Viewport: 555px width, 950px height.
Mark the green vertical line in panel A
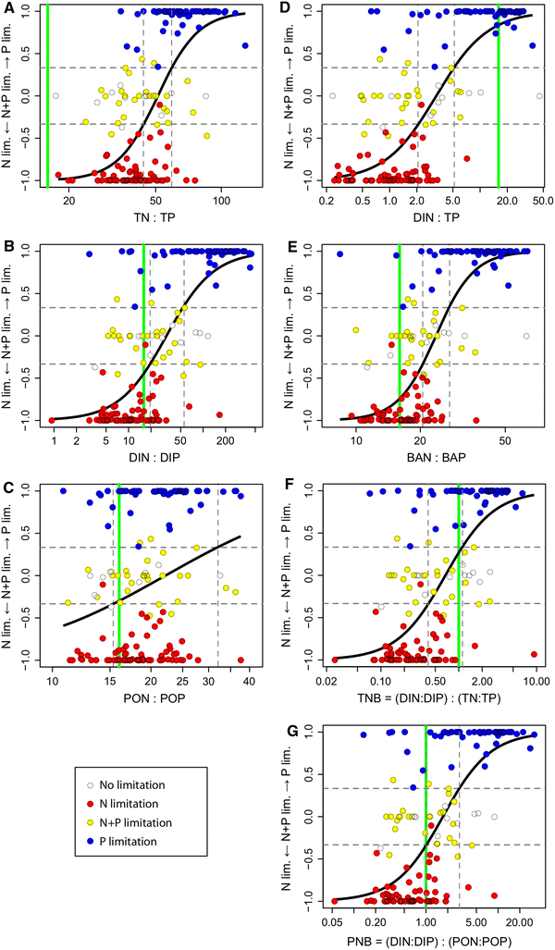point(48,93)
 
